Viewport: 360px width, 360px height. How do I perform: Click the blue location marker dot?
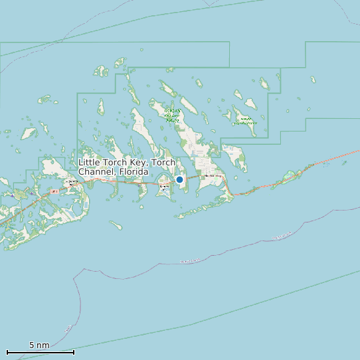[179, 179]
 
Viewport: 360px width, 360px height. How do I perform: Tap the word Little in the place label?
[91, 163]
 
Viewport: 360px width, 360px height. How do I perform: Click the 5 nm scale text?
[39, 345]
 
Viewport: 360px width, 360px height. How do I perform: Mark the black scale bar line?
[40, 352]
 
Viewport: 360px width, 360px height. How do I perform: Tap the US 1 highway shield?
[54, 191]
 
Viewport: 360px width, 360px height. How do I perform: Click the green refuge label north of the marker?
[172, 115]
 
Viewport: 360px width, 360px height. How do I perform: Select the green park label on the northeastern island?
[245, 122]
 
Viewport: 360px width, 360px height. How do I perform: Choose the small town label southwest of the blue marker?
[164, 188]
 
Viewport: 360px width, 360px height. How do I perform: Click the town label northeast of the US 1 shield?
[70, 181]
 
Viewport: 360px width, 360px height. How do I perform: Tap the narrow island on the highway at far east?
[290, 176]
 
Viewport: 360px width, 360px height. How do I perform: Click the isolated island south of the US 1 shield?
[116, 226]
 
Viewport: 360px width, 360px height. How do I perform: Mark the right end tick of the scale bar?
[74, 352]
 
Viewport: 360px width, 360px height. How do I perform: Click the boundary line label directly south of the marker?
[190, 261]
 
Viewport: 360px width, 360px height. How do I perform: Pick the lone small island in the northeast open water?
[313, 80]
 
